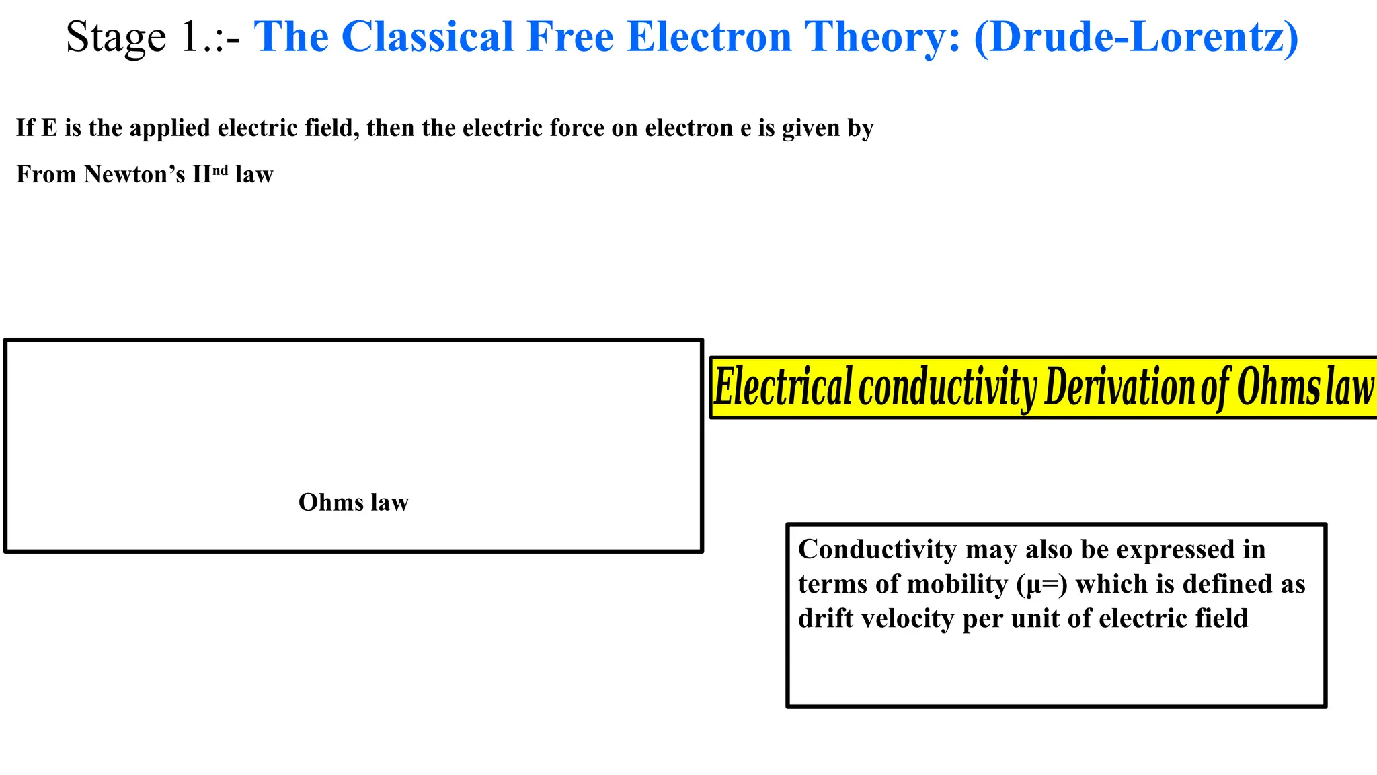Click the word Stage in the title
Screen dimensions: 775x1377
(116, 38)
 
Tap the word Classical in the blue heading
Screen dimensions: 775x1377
(428, 36)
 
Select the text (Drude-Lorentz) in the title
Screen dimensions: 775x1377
(1136, 36)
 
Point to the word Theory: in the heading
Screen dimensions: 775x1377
(883, 38)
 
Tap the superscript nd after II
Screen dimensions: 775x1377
(221, 170)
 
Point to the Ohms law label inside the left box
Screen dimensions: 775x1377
(353, 503)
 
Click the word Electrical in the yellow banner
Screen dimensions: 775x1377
(783, 387)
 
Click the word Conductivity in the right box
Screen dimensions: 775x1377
(877, 550)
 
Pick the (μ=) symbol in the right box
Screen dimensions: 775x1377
(1041, 585)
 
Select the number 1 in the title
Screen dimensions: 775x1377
(189, 38)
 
